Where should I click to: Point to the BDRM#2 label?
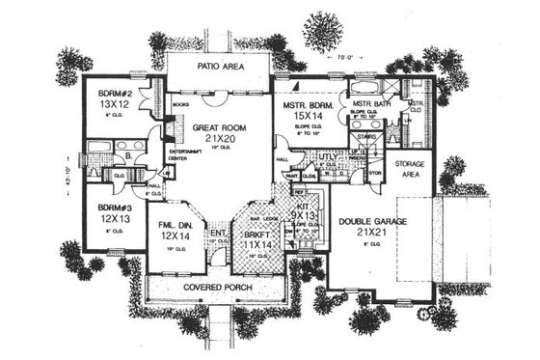coord(114,95)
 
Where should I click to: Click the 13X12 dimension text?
coord(115,108)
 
